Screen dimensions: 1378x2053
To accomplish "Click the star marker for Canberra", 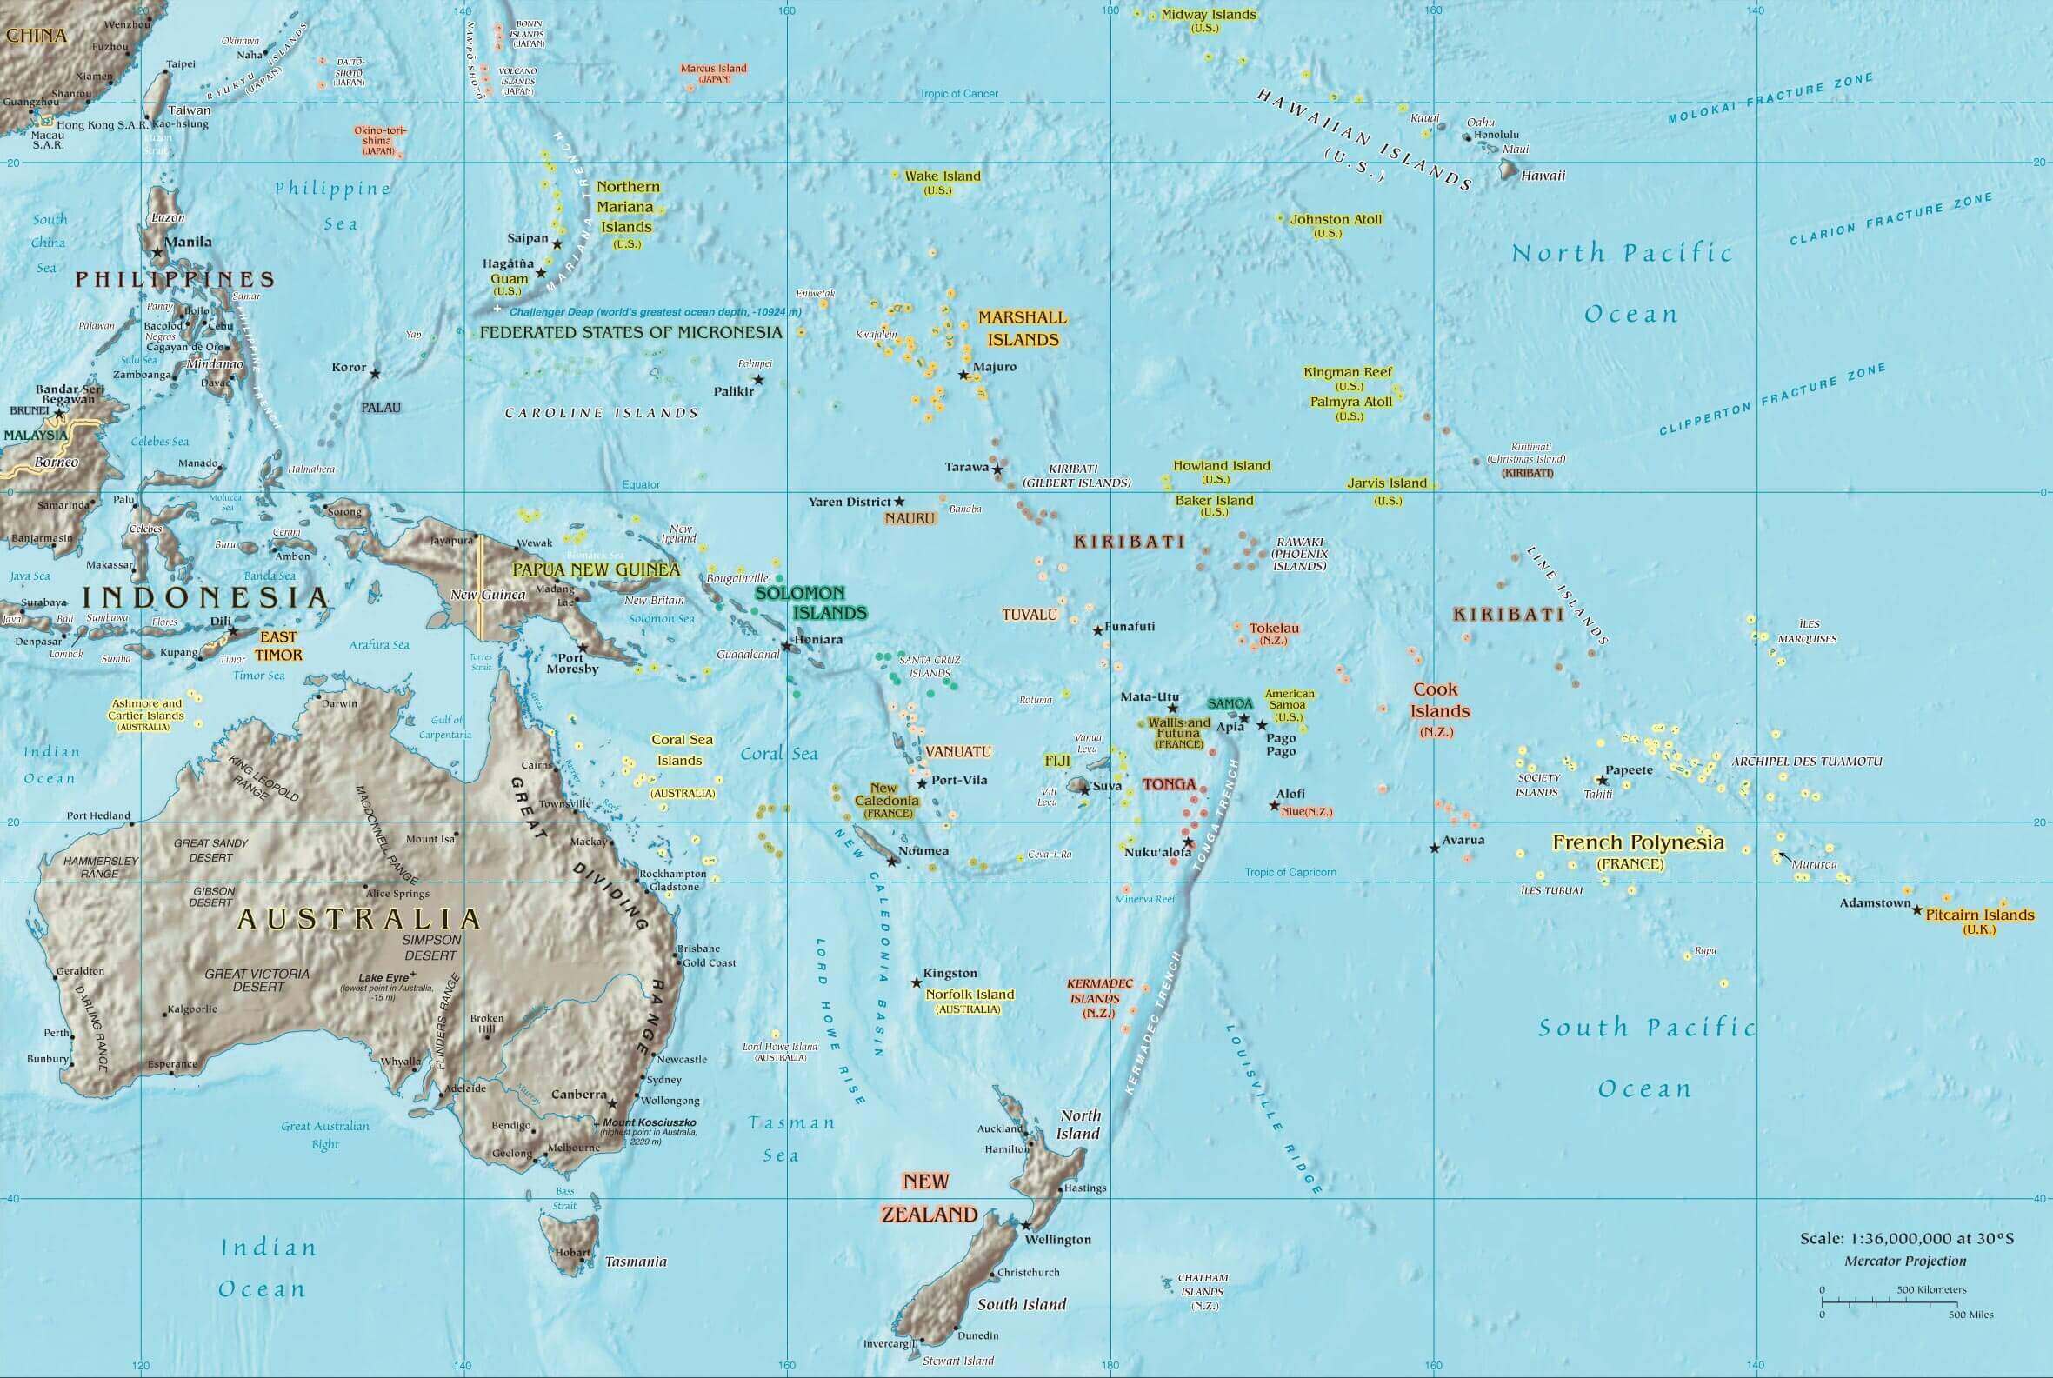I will point(612,1102).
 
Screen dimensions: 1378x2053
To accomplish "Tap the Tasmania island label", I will point(636,1262).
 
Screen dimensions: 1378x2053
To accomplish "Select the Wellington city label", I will point(1058,1239).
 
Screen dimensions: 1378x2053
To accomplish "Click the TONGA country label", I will point(1169,784).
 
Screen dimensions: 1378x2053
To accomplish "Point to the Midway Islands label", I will point(1209,15).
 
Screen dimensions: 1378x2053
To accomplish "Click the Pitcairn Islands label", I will point(1980,915).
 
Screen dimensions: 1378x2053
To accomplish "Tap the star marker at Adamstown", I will point(1917,909).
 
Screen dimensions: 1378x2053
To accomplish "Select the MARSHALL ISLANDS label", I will point(1022,328).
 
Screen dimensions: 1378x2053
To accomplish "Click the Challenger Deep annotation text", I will point(655,312).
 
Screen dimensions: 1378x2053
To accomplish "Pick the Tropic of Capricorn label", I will point(1290,872).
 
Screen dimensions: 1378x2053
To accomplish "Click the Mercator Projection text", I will point(1905,1262).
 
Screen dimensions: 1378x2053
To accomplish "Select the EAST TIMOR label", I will point(278,645).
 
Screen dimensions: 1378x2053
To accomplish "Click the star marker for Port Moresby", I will point(582,648).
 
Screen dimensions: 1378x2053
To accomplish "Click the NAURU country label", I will point(910,518).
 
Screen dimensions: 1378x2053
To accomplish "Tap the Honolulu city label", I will point(1496,136).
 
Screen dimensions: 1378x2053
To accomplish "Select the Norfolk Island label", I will point(970,995).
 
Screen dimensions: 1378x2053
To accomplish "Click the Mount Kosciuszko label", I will point(650,1122).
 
